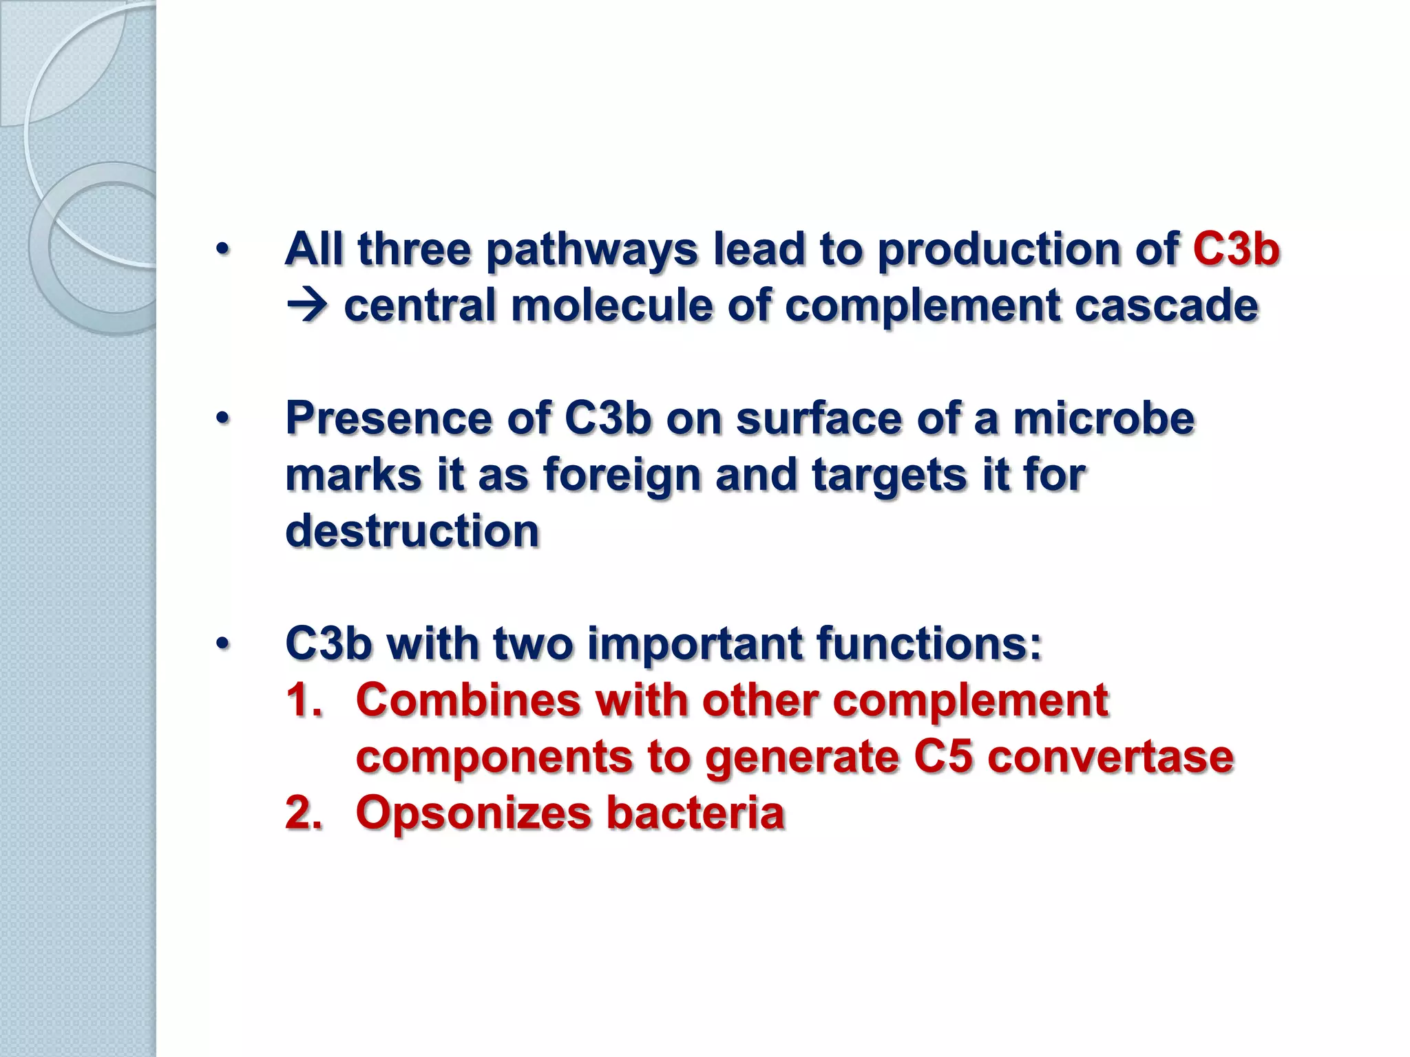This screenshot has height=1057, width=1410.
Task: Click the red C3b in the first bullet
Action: point(1236,248)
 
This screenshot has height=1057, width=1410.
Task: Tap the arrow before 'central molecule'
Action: point(307,306)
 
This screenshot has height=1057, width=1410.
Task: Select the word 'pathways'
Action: point(592,250)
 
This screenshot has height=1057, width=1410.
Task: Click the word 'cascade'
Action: point(1166,306)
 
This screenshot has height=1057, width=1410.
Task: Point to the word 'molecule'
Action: point(611,306)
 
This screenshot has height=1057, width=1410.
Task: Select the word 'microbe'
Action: point(1104,418)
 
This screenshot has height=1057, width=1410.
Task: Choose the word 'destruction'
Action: point(412,531)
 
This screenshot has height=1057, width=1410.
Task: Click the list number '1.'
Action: point(304,701)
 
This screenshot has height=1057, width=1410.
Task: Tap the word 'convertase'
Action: point(1110,757)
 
